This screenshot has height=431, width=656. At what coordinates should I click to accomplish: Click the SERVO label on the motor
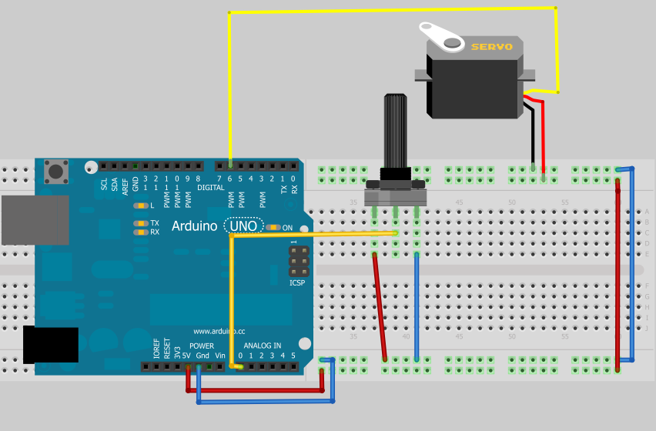491,47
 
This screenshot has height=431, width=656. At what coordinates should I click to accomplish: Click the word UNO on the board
243,226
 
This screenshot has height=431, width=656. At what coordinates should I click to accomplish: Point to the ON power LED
273,227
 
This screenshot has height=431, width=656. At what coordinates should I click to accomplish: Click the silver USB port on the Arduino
35,220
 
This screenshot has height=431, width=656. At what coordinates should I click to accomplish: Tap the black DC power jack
51,344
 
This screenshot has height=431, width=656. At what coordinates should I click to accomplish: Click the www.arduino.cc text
219,330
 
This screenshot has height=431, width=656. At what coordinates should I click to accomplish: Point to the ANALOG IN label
263,346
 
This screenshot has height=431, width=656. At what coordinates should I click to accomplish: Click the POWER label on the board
202,346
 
